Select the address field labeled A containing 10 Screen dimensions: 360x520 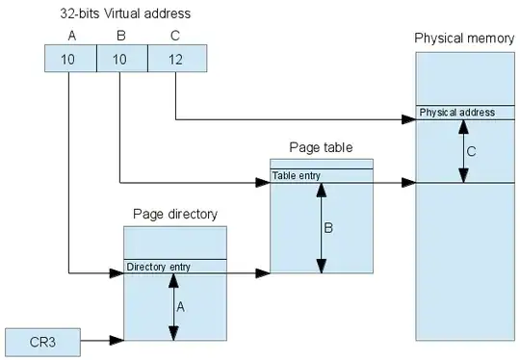click(x=70, y=59)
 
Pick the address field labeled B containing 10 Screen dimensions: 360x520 click(x=121, y=59)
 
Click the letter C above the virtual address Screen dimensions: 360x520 click(x=173, y=36)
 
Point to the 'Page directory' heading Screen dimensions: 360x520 click(x=174, y=214)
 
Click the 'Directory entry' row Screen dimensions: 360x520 click(x=174, y=267)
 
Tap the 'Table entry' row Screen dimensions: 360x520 click(x=322, y=175)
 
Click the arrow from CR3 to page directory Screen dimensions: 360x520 click(x=102, y=340)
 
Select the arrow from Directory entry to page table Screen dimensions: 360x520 click(x=247, y=274)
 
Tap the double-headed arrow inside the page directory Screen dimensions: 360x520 click(x=173, y=306)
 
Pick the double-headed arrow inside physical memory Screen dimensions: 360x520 click(x=463, y=149)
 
